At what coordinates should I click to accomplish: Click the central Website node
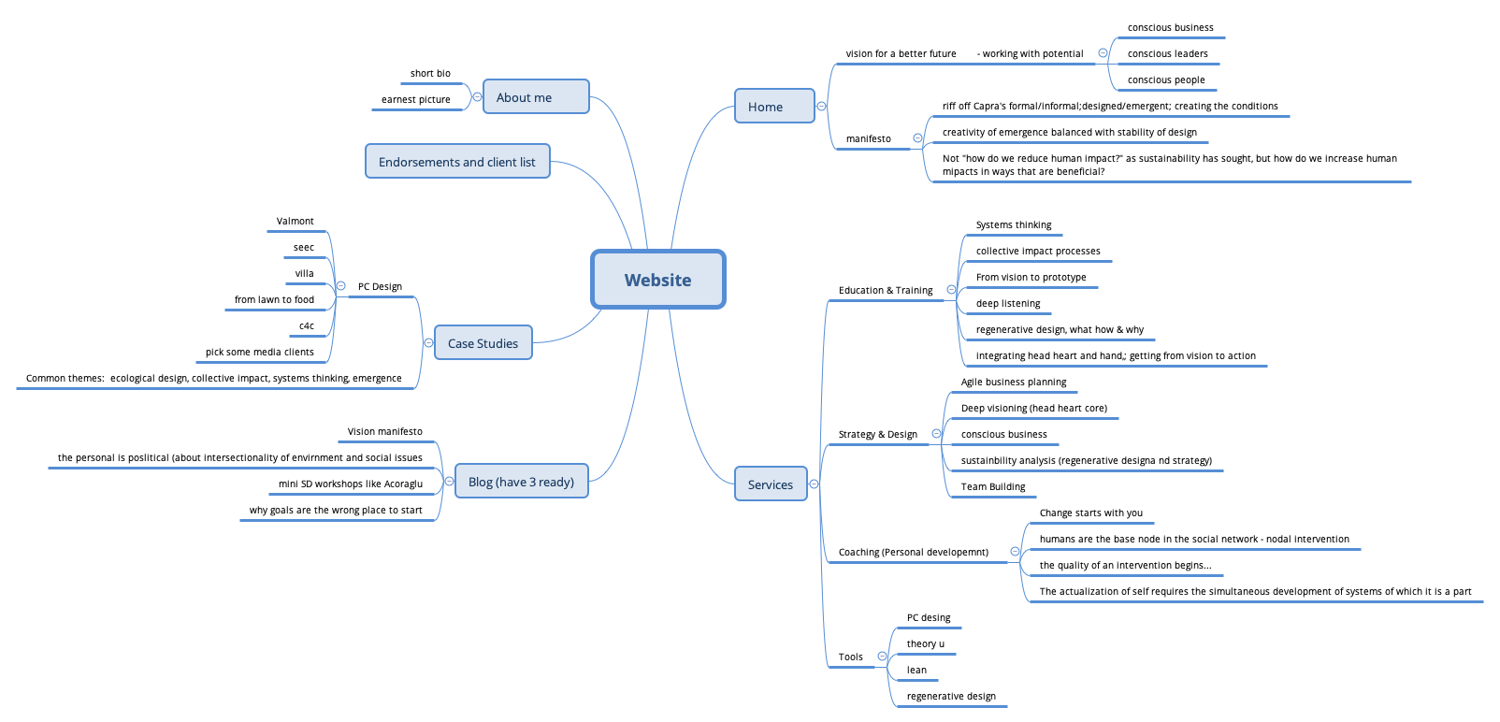657,280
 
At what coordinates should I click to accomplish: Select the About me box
535,97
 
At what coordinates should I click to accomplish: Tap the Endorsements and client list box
456,162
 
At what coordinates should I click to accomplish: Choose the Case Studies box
483,343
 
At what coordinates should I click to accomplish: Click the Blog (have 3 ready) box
521,482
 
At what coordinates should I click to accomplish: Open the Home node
773,107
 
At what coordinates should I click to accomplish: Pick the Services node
770,484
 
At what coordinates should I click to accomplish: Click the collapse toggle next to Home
821,107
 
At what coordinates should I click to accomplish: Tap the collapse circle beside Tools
882,657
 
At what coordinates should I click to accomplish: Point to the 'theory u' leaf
925,644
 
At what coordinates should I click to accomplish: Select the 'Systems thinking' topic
1013,225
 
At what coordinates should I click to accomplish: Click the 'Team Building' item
992,487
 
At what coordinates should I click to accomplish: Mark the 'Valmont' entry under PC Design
295,222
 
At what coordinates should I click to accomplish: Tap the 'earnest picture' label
415,100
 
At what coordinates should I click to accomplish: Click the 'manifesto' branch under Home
868,139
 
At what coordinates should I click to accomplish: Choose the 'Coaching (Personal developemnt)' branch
913,553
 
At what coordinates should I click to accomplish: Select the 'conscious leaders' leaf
1167,54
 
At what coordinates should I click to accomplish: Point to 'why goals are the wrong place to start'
336,511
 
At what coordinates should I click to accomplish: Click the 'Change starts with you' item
1090,513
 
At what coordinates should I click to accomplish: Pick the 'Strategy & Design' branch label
877,435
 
